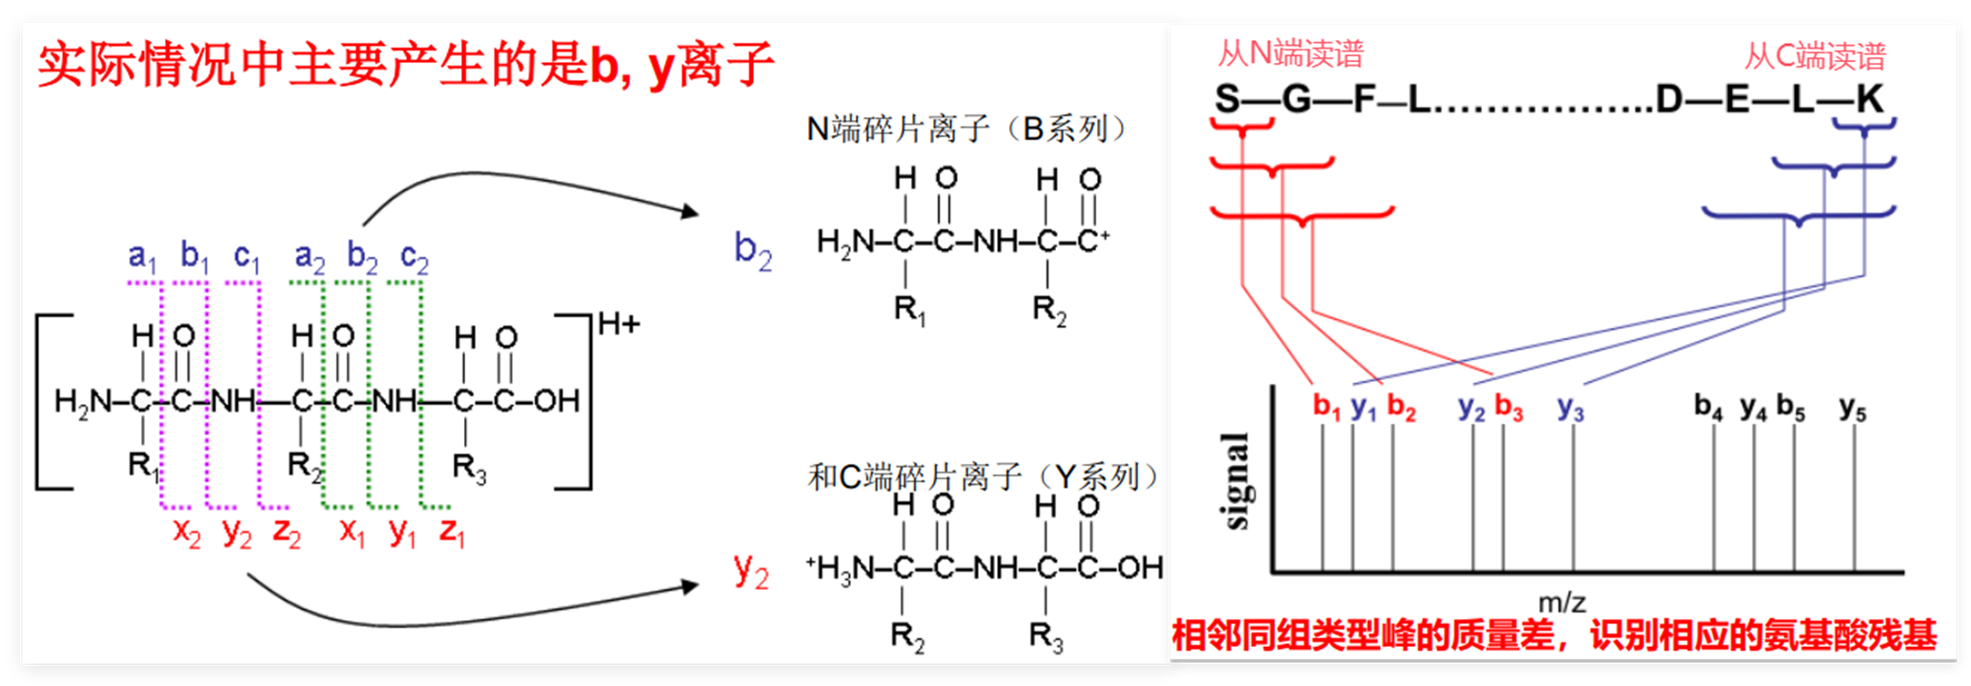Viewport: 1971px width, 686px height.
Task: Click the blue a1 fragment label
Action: [142, 256]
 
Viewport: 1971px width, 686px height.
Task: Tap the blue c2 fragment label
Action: [415, 257]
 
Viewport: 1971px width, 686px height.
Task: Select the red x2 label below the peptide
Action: [187, 532]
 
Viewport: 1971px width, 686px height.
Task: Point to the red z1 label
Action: [452, 532]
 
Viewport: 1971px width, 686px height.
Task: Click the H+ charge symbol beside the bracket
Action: [620, 325]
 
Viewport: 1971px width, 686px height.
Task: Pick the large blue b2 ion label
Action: [753, 251]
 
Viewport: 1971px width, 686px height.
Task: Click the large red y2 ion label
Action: [751, 571]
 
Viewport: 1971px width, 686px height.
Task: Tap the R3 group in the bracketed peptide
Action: [470, 468]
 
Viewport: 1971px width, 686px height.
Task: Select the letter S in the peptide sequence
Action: [1228, 99]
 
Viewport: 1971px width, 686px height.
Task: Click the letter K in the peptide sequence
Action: [1870, 99]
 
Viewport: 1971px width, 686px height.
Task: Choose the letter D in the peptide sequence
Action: [1669, 99]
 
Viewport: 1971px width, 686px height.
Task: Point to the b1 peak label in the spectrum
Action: [1327, 407]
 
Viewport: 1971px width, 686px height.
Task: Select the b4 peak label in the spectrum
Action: [1708, 407]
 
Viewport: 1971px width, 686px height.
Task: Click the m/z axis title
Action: [1562, 602]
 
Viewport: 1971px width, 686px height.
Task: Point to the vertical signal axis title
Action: [1234, 480]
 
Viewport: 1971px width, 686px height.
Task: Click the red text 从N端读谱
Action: [1290, 53]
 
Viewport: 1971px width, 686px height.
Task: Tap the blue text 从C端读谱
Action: [1815, 56]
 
